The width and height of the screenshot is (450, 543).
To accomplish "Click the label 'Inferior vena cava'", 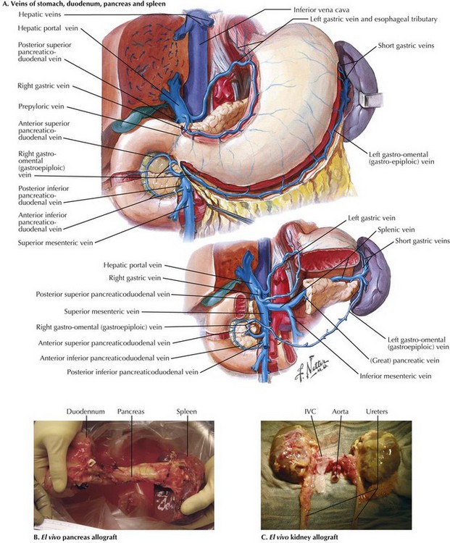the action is (x=322, y=9).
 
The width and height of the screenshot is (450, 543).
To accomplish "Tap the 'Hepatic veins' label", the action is (x=40, y=14).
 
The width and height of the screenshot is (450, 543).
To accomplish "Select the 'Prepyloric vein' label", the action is (x=41, y=106).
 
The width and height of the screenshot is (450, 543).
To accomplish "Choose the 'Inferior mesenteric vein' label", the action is (x=396, y=375).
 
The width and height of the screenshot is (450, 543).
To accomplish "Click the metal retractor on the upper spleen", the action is (x=371, y=100).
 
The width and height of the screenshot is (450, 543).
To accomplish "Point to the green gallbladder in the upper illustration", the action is (x=137, y=116).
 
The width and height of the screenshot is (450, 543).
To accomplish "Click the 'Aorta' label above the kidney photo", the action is (x=340, y=411).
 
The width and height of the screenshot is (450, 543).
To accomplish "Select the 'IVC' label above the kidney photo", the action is (x=310, y=411).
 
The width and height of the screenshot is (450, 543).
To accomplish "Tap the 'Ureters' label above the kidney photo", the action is (x=377, y=411).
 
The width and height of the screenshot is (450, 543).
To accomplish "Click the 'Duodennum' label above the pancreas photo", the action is (x=86, y=411).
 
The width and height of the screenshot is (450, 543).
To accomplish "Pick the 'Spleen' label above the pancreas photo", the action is (x=186, y=411).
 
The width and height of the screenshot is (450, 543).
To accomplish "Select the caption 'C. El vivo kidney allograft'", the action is (x=299, y=537).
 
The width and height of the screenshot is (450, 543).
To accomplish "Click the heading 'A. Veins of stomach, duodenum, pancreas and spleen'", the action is (x=83, y=4).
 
